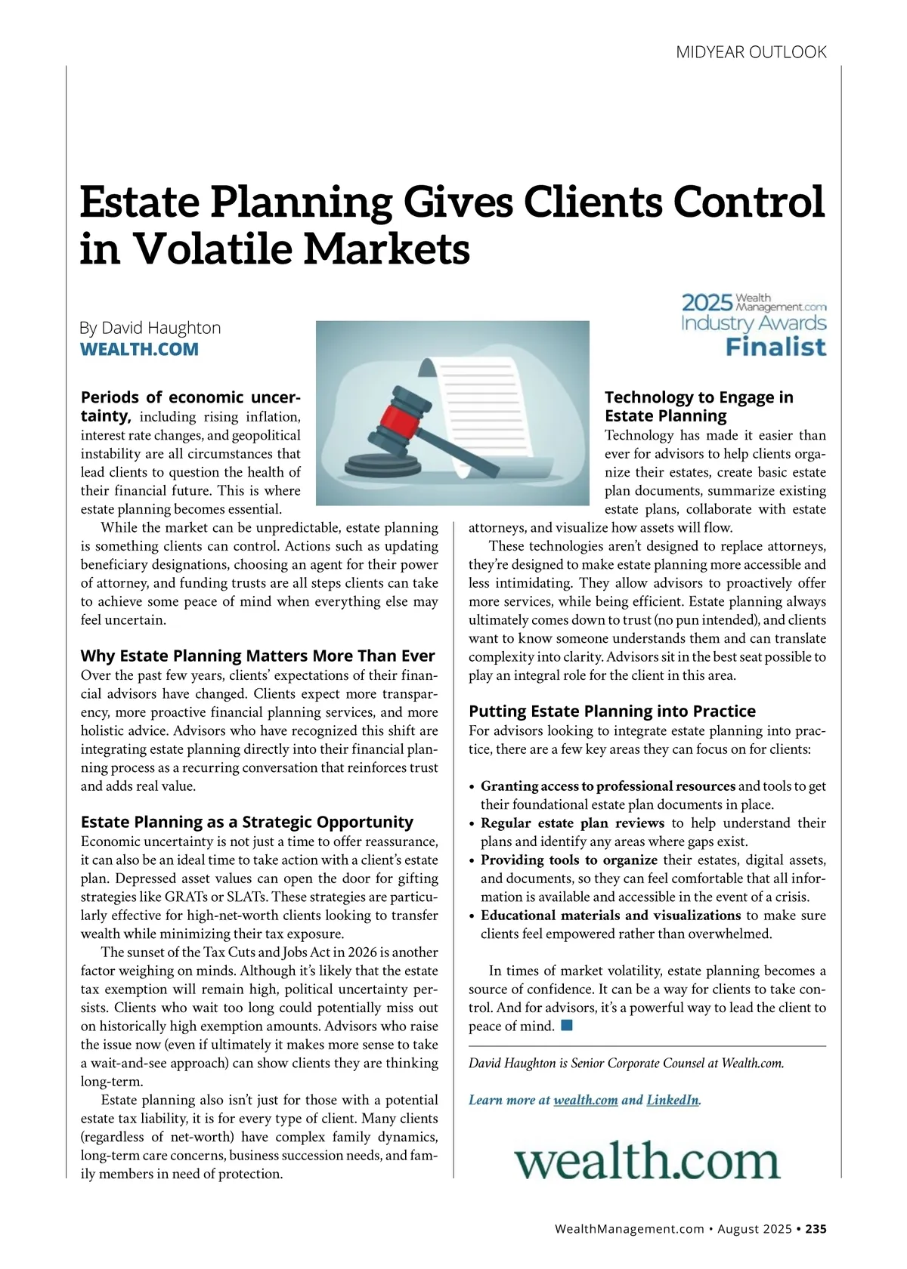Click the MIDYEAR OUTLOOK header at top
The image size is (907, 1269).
click(751, 52)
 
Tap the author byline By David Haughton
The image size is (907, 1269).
click(150, 328)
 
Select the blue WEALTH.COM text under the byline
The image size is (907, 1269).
click(139, 349)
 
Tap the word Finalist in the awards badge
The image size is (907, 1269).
click(775, 347)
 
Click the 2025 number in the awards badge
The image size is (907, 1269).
click(707, 303)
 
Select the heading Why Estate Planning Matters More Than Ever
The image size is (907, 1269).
click(257, 656)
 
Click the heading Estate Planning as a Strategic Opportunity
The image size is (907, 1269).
click(246, 822)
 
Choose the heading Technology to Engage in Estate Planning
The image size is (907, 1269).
click(698, 406)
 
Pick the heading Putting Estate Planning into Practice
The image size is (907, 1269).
click(611, 711)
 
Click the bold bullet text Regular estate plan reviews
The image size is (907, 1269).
click(572, 823)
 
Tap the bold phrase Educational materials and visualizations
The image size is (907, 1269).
click(610, 915)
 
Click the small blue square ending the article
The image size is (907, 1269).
click(567, 1026)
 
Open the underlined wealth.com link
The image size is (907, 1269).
click(586, 1100)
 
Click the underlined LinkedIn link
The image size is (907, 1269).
click(673, 1100)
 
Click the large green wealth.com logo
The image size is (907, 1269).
click(647, 1162)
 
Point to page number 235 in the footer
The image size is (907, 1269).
click(816, 1229)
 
